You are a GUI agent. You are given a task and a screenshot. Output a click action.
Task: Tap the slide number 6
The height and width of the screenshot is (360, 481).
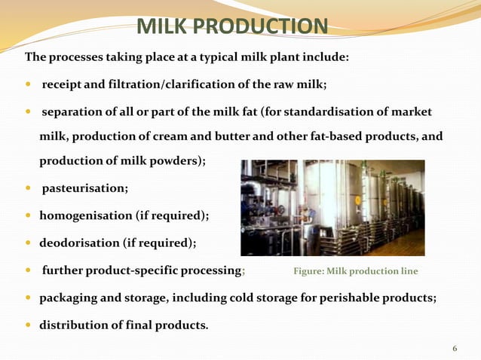455,348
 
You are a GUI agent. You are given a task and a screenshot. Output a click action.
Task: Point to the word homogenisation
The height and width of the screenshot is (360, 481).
88,216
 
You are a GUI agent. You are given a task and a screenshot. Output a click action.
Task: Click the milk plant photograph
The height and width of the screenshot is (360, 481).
332,208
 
